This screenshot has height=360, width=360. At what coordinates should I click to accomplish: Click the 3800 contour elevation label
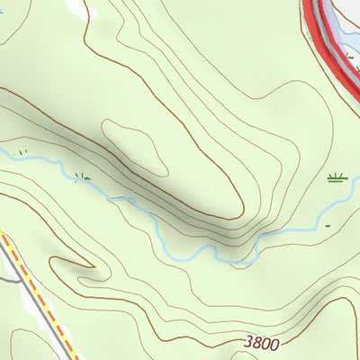pos(261,343)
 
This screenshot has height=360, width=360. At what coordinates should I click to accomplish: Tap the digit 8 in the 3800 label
pos(256,343)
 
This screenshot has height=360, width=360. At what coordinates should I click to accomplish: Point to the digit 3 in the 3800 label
pos(247,344)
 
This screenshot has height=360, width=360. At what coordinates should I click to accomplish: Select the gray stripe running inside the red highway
pos(329,36)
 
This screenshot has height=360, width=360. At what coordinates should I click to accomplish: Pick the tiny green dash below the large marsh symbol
pos(327,224)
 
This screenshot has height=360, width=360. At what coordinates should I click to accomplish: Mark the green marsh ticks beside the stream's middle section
pos(83,176)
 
